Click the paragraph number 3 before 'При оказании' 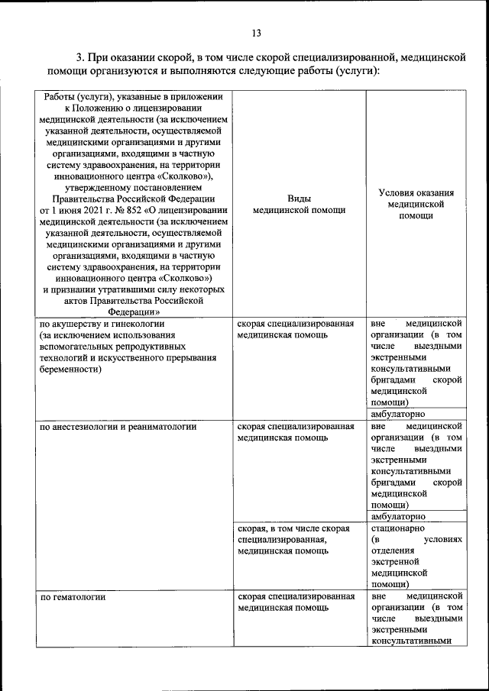[x=79, y=58]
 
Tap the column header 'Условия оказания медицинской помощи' [x=416, y=204]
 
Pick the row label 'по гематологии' [x=73, y=597]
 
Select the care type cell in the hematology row [x=295, y=602]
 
